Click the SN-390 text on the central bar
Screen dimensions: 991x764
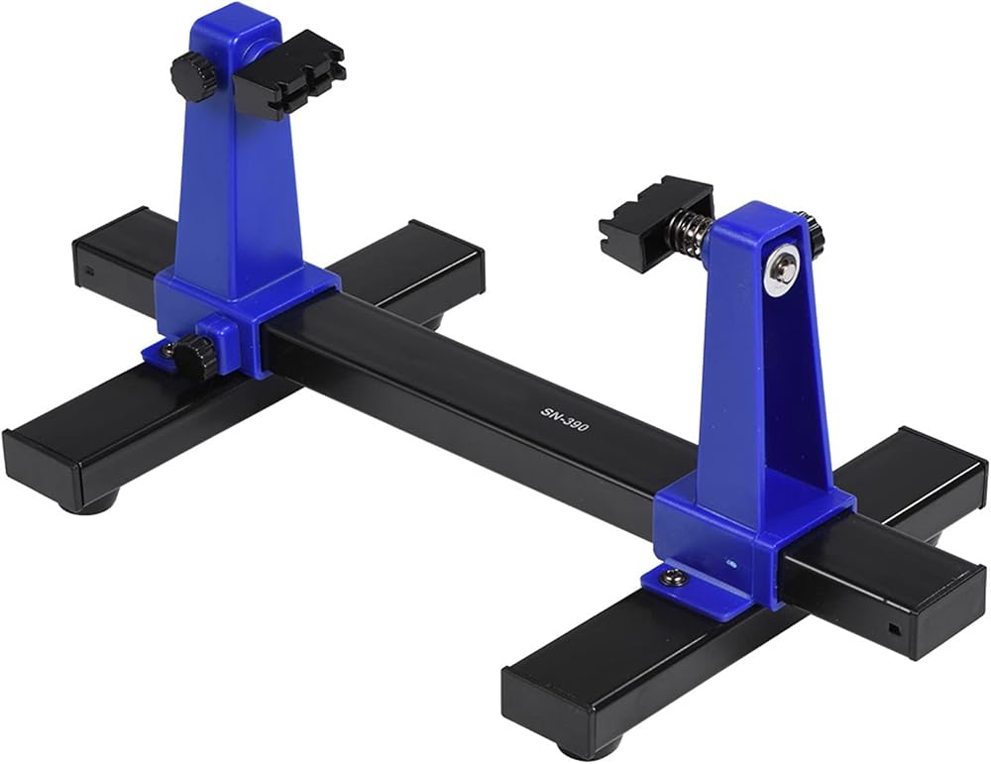(x=565, y=418)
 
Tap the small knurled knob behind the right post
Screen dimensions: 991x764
(x=814, y=233)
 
